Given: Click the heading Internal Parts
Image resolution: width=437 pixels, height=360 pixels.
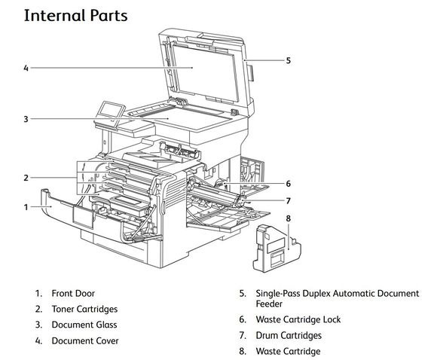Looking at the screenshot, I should pos(75,15).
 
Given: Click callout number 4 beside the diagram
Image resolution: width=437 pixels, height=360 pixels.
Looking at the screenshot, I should pos(26,68).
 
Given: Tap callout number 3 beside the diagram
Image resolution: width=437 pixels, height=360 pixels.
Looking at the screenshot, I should pos(26,118).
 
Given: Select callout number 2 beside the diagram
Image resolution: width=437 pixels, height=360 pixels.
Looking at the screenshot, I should pos(26,178).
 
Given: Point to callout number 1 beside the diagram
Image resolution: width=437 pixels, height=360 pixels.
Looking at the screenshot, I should pos(26,206).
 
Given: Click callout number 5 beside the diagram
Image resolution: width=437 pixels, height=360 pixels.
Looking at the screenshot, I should pos(288,60).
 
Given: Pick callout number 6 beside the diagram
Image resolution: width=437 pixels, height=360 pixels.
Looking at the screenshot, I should pos(288,183).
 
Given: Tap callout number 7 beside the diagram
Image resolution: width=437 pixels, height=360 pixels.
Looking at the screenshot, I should pos(288,200).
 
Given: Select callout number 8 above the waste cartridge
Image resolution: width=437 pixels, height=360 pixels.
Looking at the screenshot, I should pos(288,218).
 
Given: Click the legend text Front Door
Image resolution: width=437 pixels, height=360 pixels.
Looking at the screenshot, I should pos(73,293).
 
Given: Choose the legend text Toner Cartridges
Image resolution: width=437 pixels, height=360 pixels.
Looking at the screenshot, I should pos(84,309).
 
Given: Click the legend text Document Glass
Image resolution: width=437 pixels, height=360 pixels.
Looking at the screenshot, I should pos(84,325).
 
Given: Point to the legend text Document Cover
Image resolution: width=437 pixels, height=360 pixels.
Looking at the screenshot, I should pos(84,341).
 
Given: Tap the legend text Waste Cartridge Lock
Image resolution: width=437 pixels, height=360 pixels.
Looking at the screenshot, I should pos(298,319).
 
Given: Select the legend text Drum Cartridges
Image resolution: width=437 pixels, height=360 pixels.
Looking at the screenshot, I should pos(288,335).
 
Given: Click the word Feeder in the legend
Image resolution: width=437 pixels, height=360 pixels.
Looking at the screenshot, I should pos(270,304).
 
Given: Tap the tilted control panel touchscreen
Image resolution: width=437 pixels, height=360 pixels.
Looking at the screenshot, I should pos(109,111).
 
